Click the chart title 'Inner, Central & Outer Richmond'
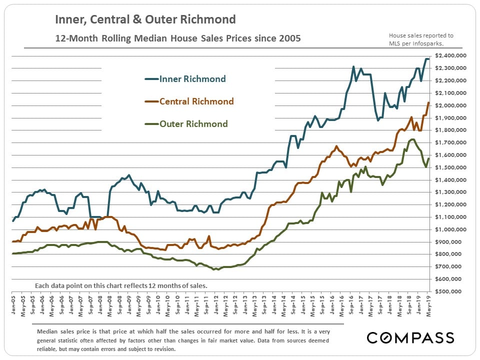pos(145,20)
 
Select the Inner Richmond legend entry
pos(192,79)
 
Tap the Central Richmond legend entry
pos(196,101)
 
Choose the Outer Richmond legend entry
pos(193,124)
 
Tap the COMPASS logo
pos(410,337)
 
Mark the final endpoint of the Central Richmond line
pos(428,102)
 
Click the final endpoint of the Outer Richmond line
pos(428,159)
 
